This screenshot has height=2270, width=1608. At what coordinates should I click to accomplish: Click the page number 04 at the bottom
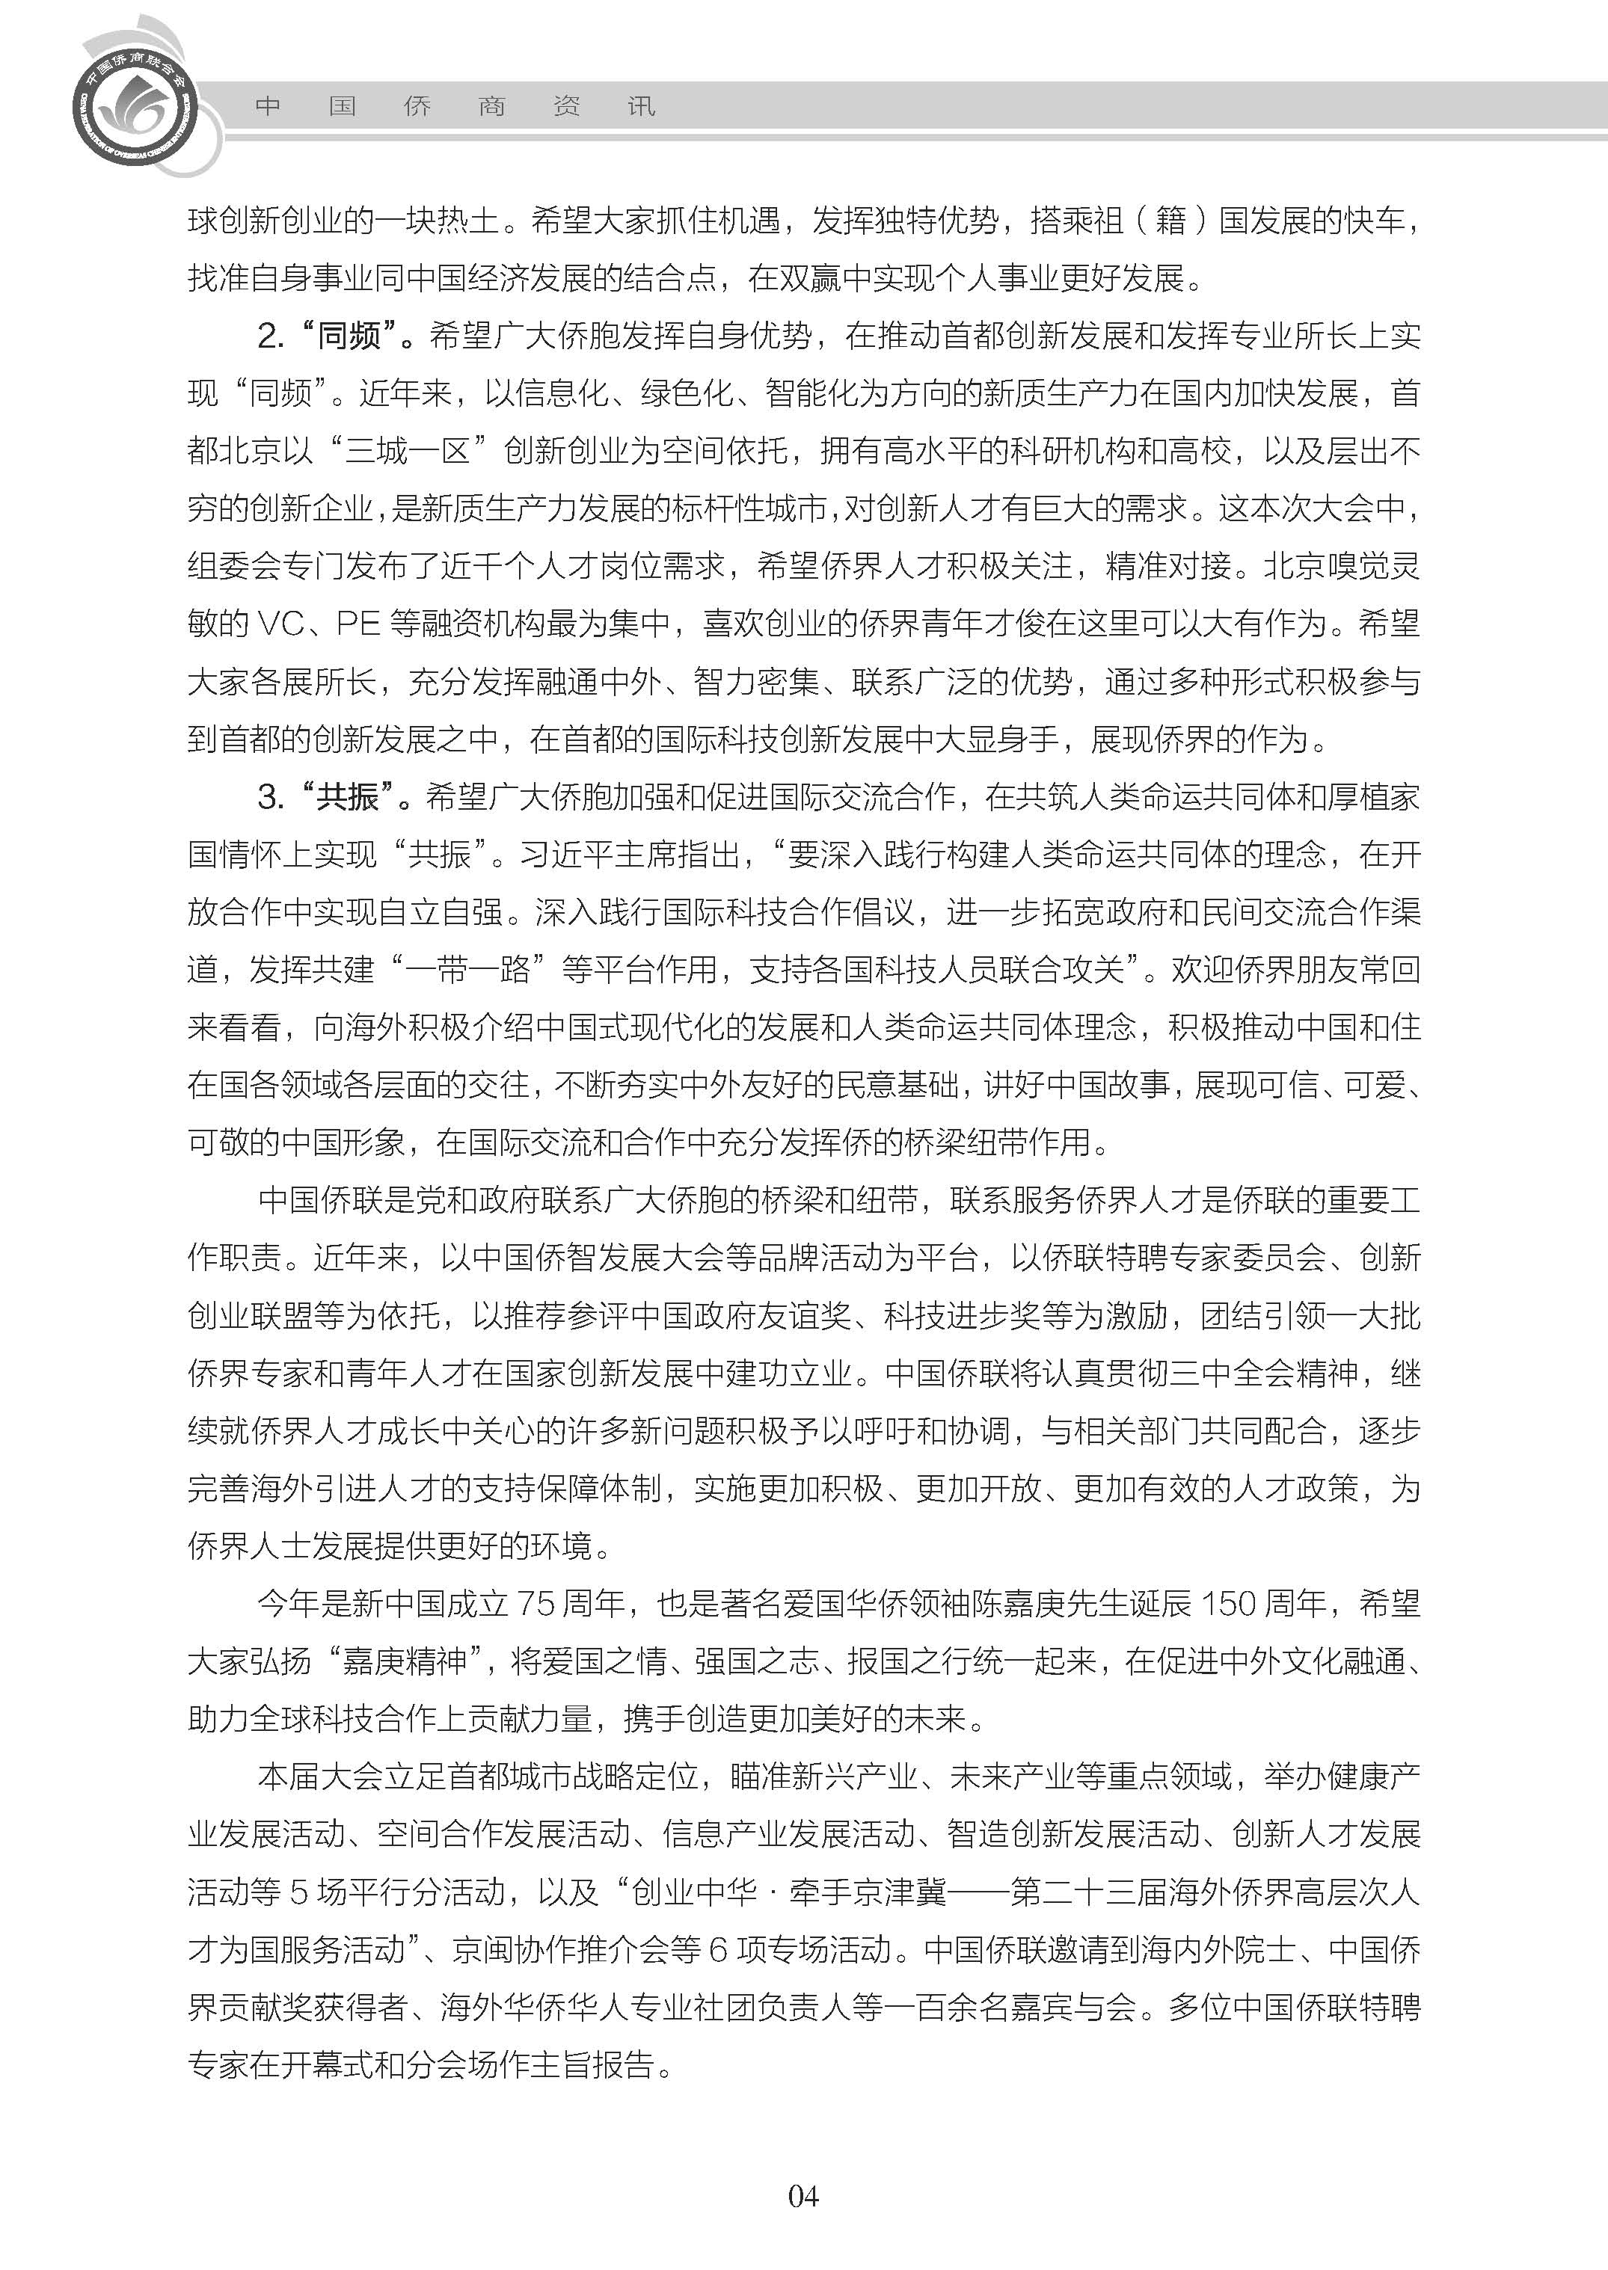(x=803, y=2197)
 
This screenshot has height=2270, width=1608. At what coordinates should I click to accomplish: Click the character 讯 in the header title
(x=641, y=107)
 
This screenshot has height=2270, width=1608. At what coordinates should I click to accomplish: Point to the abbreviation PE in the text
(x=358, y=624)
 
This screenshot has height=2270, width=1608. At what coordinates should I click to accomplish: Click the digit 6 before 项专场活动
(x=718, y=1949)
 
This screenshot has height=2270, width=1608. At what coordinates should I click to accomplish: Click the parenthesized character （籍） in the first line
(x=1171, y=220)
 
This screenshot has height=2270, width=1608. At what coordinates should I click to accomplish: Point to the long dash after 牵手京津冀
(x=978, y=1892)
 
